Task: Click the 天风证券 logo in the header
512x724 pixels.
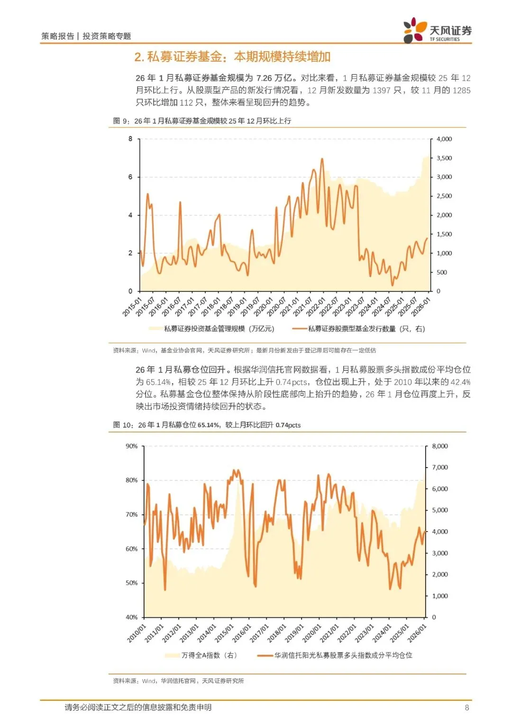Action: coord(437,31)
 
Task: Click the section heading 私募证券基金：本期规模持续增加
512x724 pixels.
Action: coord(232,57)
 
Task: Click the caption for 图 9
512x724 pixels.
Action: coord(202,121)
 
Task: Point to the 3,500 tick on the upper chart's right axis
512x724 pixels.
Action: coord(444,158)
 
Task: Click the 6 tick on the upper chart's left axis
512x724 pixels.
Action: coord(130,177)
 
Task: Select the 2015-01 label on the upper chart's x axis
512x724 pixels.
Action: coord(133,306)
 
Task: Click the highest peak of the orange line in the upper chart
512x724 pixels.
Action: coord(322,159)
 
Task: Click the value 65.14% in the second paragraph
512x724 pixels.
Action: coord(158,382)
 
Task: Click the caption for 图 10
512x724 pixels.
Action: coord(207,425)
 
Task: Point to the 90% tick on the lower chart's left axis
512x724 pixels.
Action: coord(131,446)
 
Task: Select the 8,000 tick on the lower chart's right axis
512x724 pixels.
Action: coord(439,446)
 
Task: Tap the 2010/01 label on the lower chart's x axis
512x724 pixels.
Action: coord(137,633)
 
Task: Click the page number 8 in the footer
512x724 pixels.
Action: coord(466,707)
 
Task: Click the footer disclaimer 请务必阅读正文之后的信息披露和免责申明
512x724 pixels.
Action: coord(138,707)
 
